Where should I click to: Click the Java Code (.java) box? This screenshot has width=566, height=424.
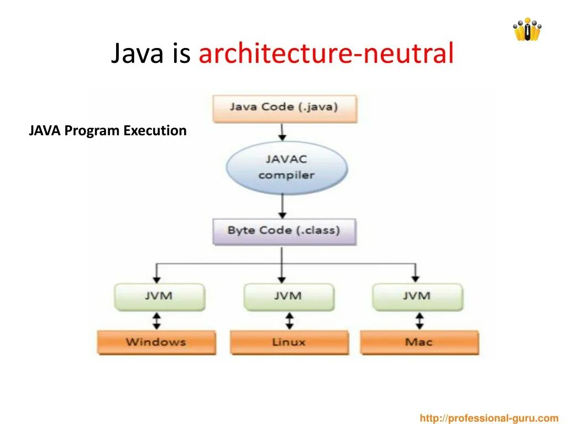click(x=284, y=107)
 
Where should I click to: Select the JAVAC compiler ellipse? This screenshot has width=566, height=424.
click(x=286, y=167)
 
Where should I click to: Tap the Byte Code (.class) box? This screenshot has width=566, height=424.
click(x=284, y=231)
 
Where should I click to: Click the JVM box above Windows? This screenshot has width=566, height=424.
click(x=159, y=296)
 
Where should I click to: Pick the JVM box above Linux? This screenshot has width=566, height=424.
click(x=289, y=296)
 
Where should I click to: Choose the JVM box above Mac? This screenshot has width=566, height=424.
click(x=417, y=296)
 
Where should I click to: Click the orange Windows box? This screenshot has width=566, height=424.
click(x=156, y=342)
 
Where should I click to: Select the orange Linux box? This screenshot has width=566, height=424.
click(x=289, y=342)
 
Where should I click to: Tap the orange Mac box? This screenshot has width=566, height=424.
click(x=419, y=342)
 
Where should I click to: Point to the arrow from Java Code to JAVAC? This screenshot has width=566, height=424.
click(x=282, y=131)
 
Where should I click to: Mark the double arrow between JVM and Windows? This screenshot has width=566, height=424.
click(x=157, y=320)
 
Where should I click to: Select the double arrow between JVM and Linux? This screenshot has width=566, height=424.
click(x=289, y=320)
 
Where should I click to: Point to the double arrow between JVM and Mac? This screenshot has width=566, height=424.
click(x=420, y=320)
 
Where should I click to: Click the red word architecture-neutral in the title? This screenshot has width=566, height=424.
click(x=326, y=54)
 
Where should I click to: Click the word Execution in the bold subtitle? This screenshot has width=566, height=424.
click(x=155, y=131)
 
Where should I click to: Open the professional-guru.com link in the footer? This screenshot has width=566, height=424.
click(x=489, y=418)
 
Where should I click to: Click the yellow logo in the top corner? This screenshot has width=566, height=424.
click(x=527, y=30)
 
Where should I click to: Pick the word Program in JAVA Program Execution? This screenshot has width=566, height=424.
click(x=92, y=131)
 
